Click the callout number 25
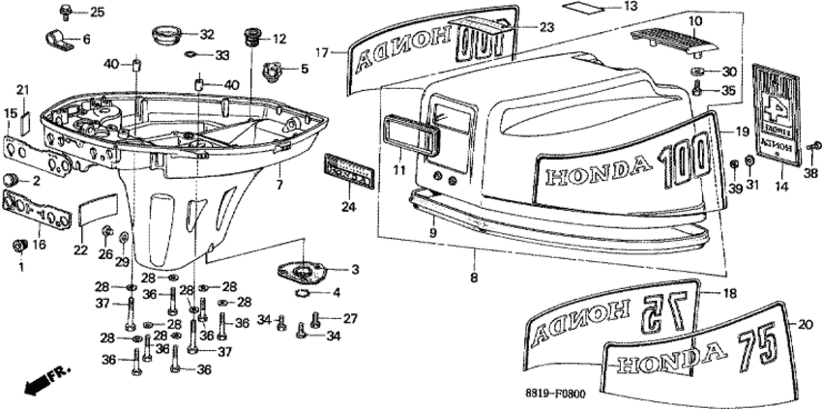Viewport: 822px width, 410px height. tap(96, 12)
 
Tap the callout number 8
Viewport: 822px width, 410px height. tap(474, 278)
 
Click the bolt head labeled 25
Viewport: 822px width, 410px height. tap(69, 12)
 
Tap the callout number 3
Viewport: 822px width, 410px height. tap(327, 268)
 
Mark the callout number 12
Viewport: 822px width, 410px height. tap(279, 39)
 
